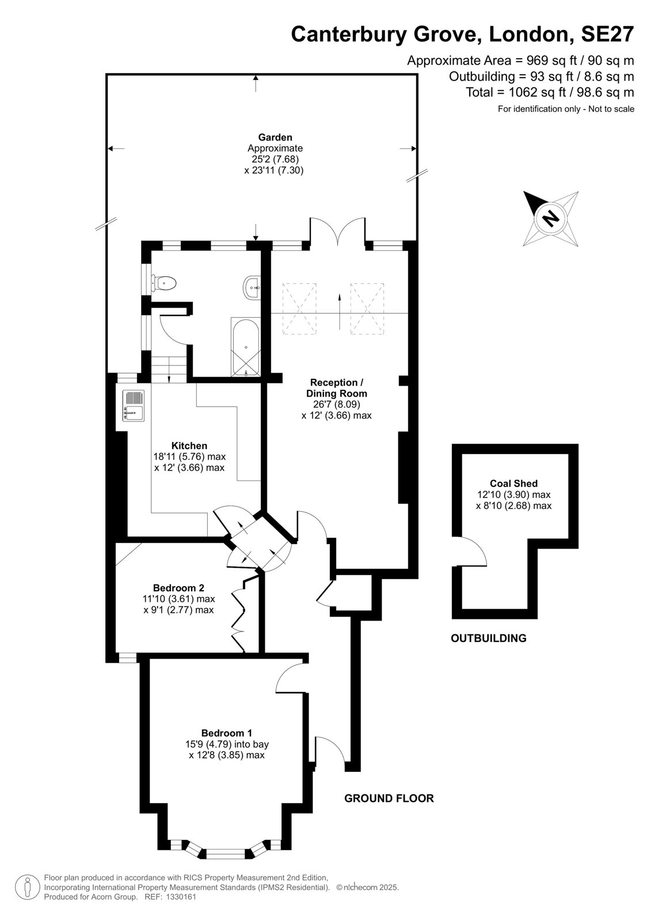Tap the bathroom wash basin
252,287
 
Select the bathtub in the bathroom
246,347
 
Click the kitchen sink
134,405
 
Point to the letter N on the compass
550,218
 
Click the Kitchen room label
189,446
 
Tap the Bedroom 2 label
178,588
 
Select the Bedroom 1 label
227,732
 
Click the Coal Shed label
513,483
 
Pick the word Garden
275,138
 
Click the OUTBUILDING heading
489,638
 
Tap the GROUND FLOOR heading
389,798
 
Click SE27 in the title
607,34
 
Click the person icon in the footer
27,887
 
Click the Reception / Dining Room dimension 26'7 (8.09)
336,404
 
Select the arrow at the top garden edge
256,83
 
